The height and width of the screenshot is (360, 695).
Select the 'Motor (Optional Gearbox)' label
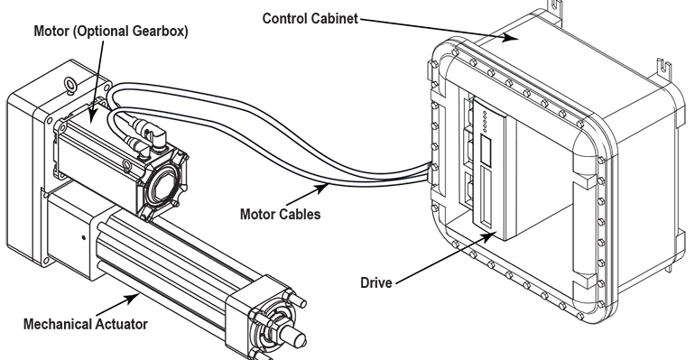[112, 32]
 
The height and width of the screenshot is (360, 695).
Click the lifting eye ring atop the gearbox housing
[69, 88]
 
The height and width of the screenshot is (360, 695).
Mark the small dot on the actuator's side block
[82, 239]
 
